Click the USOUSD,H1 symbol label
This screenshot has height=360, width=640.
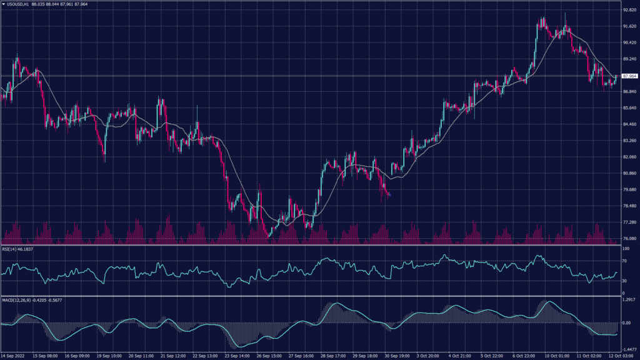coord(22,5)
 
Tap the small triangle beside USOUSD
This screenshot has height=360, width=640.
coord(3,5)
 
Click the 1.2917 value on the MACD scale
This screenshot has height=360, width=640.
coord(628,301)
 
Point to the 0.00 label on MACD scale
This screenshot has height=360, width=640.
coord(626,323)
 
